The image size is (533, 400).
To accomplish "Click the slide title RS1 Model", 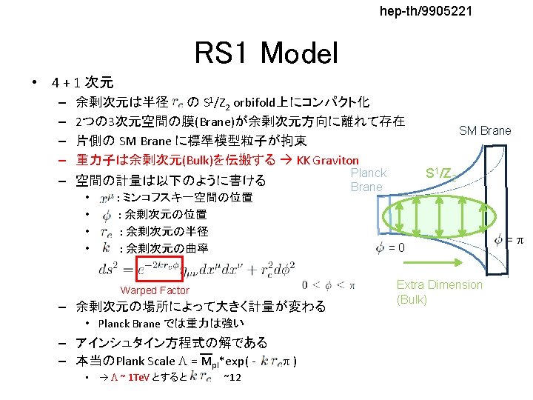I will click(266, 53).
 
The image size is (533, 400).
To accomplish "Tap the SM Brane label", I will click(485, 131).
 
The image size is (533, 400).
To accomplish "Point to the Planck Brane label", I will click(368, 180).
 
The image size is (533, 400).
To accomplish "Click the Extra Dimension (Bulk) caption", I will click(439, 292).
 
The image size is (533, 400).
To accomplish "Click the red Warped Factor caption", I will click(155, 291).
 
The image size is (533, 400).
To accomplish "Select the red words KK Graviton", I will click(327, 160).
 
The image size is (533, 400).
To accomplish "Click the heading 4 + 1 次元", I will click(81, 81).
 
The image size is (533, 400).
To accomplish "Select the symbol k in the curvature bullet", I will click(108, 248).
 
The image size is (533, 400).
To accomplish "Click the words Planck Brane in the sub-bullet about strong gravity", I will click(129, 324).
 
